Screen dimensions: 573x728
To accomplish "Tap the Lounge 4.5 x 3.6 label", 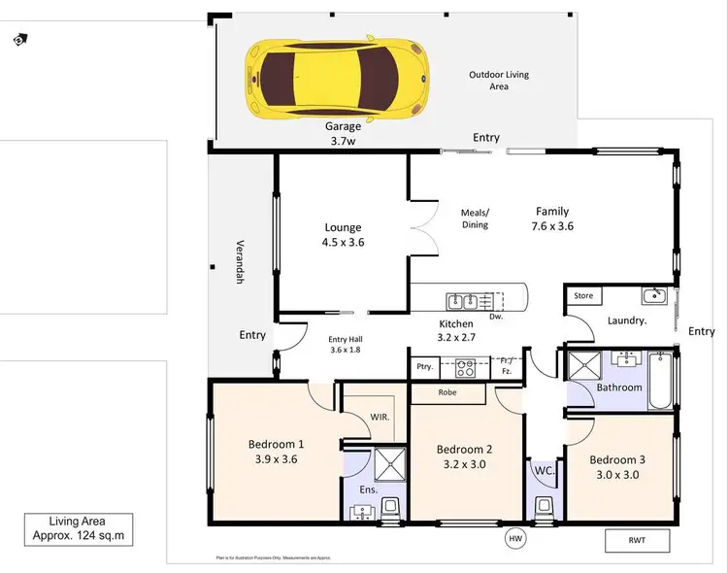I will point(344,235).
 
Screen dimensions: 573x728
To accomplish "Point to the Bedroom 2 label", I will point(464,449).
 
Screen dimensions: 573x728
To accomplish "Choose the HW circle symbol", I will point(513,537).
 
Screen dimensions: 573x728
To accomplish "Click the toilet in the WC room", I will point(542,505).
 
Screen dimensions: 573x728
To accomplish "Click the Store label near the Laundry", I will point(583,295).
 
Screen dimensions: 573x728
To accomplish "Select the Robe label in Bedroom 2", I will point(447,393).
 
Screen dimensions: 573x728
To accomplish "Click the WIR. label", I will point(381,418).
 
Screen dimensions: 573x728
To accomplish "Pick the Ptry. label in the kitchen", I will point(424,368).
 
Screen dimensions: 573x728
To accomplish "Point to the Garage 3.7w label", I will point(343,133).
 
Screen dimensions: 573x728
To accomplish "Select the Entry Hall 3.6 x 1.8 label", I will point(345,345).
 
